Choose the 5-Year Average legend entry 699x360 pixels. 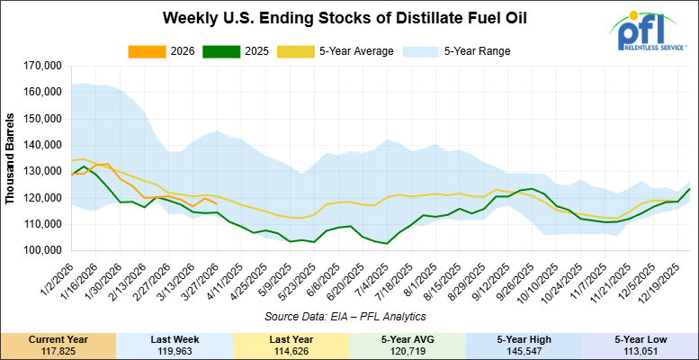tap(339, 50)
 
